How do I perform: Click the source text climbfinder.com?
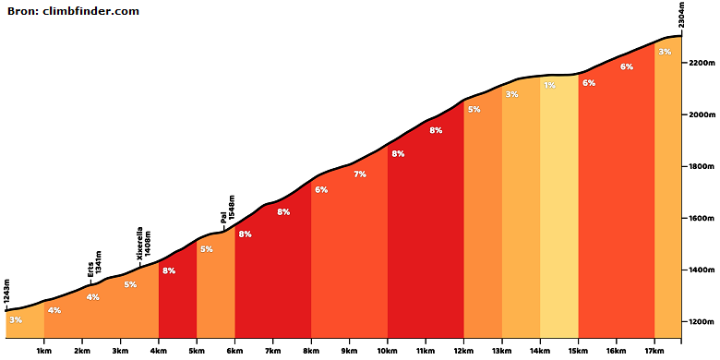point(90,11)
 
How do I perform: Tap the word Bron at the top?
point(22,11)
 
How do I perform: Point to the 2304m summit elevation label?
point(682,15)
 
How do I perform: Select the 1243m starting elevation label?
point(6,292)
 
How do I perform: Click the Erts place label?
point(90,270)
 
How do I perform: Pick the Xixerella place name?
point(140,244)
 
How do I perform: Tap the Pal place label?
point(223,217)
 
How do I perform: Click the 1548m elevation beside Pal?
point(232,208)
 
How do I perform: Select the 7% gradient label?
point(360,174)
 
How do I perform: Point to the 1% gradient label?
point(549,85)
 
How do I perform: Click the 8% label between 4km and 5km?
point(169,270)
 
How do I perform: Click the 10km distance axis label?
point(387,353)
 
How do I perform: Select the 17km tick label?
point(654,353)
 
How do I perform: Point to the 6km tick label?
point(234,353)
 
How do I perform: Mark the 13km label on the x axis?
point(502,353)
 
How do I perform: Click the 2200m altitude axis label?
point(700,63)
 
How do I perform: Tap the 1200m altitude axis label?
point(700,322)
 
